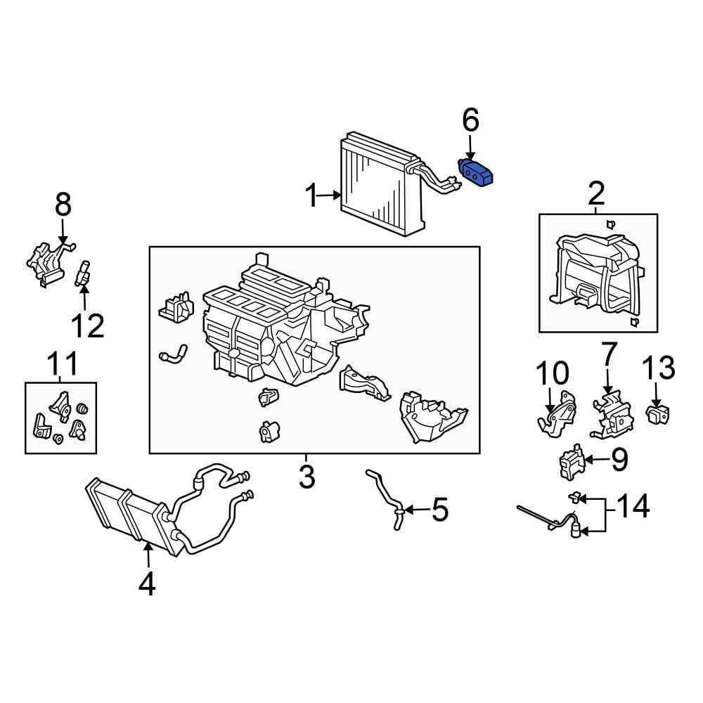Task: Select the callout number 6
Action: pos(471,121)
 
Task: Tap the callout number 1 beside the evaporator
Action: pos(311,195)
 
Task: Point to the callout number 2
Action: pos(596,194)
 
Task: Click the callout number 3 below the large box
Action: pos(307,477)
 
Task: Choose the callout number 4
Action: pos(147,583)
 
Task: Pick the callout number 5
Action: pos(440,510)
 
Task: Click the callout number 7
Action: pos(610,354)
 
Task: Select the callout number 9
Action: pos(619,459)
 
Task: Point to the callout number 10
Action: pos(553,373)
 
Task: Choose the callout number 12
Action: pos(88,325)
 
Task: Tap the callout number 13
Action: pos(659,368)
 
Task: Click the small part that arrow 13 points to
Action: pos(658,413)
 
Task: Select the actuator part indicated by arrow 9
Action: pos(572,462)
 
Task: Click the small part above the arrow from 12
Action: pos(83,273)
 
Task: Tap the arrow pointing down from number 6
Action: pos(470,148)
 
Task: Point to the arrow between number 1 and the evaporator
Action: pos(330,195)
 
